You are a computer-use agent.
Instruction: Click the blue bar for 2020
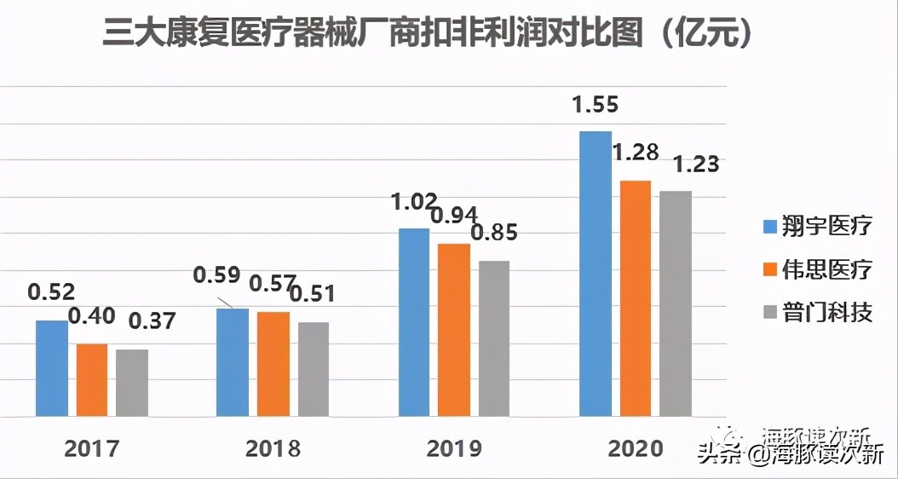[596, 274]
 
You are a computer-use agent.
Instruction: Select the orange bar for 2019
[453, 330]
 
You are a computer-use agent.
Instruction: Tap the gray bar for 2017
[132, 383]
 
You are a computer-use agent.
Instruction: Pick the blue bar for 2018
[232, 362]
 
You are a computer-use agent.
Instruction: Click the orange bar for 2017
[92, 380]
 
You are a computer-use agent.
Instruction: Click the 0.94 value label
[454, 216]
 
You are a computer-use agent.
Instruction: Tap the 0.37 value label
[151, 321]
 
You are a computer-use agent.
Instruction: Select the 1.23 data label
[695, 164]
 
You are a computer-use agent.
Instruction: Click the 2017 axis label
[91, 448]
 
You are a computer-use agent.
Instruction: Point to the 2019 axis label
[453, 448]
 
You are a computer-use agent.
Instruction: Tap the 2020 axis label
[636, 448]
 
